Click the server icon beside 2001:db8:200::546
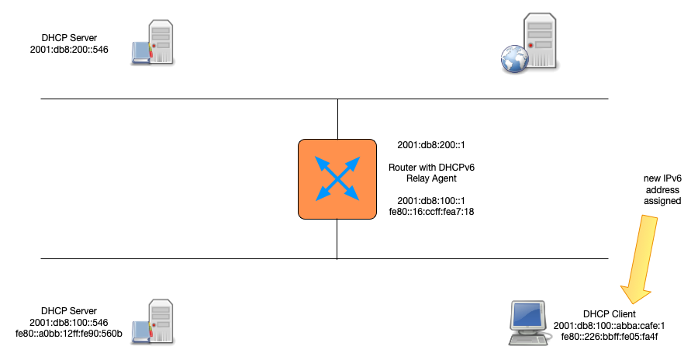154,43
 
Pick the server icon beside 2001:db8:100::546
154,321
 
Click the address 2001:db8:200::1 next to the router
431,145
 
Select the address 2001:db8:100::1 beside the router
431,199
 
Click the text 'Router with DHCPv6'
431,167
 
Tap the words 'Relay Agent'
431,178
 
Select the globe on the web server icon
510,61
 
